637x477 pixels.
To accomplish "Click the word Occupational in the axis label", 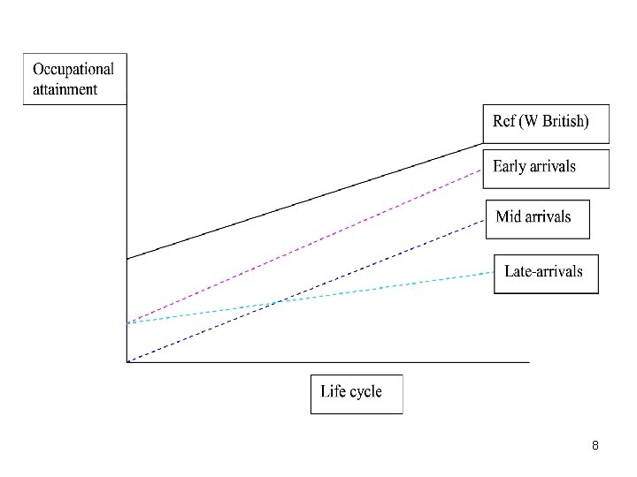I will [x=73, y=69].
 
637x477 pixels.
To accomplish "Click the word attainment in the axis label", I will [x=65, y=89].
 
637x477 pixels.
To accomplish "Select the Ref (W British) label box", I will [x=546, y=123].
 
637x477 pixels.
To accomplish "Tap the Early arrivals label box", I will [x=546, y=168].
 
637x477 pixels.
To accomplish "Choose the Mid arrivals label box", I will [x=538, y=217].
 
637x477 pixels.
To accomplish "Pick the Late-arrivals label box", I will [x=546, y=273].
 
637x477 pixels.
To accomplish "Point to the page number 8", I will [x=595, y=446].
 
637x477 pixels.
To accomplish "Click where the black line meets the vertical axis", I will [x=127, y=259].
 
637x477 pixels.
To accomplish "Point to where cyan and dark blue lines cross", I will [x=278, y=303].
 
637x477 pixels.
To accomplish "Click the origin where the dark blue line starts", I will [x=127, y=362].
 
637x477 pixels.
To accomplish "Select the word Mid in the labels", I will [x=509, y=216].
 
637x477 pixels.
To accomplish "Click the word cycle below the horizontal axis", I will [x=366, y=392].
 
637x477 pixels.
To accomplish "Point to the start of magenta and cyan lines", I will [x=127, y=323].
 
